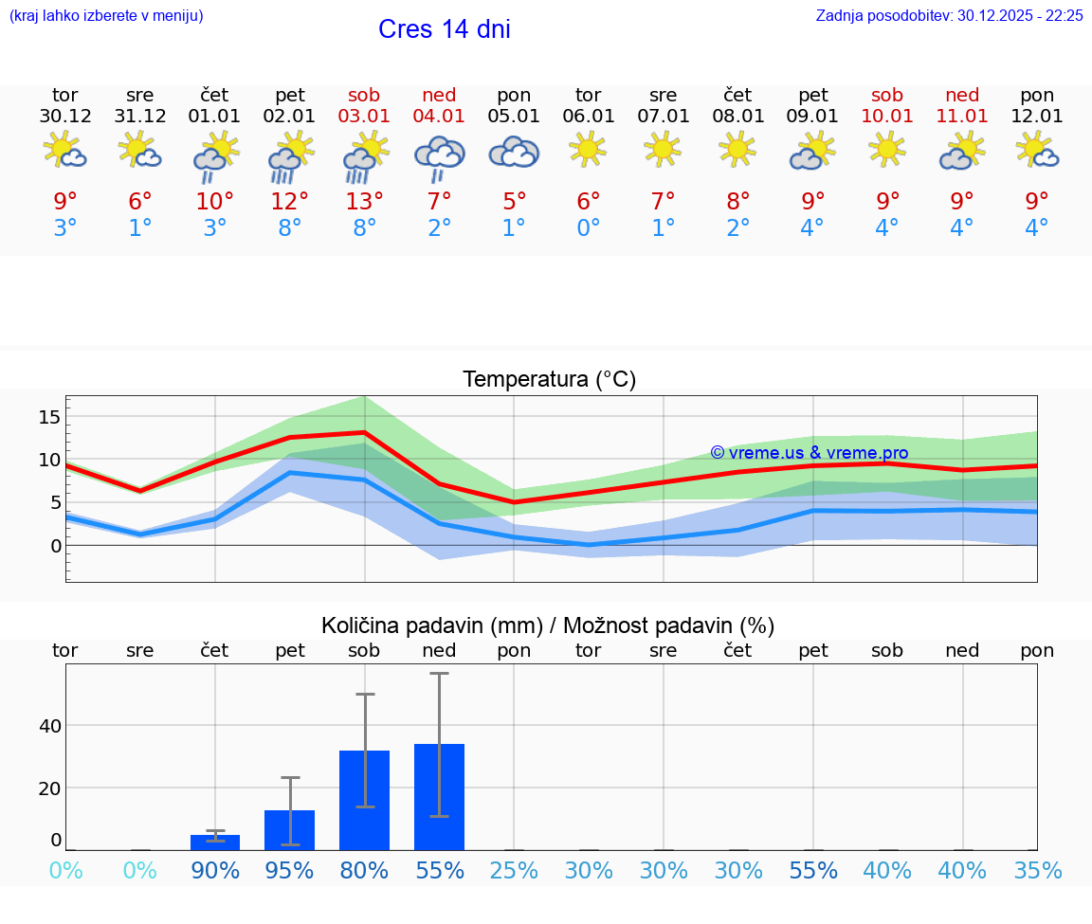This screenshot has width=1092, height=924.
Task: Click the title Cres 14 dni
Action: [x=444, y=29]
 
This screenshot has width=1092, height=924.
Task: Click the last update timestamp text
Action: [x=949, y=15]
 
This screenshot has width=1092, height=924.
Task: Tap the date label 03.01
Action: [x=364, y=117]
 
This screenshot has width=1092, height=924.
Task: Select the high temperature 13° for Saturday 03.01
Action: [x=364, y=201]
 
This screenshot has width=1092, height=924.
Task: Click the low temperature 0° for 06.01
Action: [x=589, y=228]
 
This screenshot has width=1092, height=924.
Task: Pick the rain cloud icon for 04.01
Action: [x=439, y=157]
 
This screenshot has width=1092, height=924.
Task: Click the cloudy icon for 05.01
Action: [x=514, y=152]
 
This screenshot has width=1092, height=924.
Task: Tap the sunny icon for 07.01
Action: [x=663, y=148]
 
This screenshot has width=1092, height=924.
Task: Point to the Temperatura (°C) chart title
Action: [x=549, y=379]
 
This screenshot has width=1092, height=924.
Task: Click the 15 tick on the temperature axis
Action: [x=49, y=417]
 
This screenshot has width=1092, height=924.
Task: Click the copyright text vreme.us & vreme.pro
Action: [x=809, y=453]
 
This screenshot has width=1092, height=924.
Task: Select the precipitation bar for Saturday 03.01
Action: [x=364, y=800]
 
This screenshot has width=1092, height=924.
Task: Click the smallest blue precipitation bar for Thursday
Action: [x=215, y=842]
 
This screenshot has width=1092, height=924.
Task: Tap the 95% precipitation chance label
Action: [x=289, y=870]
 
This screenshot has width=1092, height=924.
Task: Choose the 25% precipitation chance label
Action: [x=514, y=870]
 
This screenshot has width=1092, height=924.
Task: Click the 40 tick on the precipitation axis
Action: [x=49, y=726]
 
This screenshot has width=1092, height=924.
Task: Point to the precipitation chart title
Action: [x=548, y=625]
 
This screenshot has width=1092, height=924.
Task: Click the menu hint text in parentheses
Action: [x=106, y=15]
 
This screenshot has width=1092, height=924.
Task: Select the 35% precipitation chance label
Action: [x=1037, y=870]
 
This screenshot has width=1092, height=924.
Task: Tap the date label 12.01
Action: [x=1037, y=117]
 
